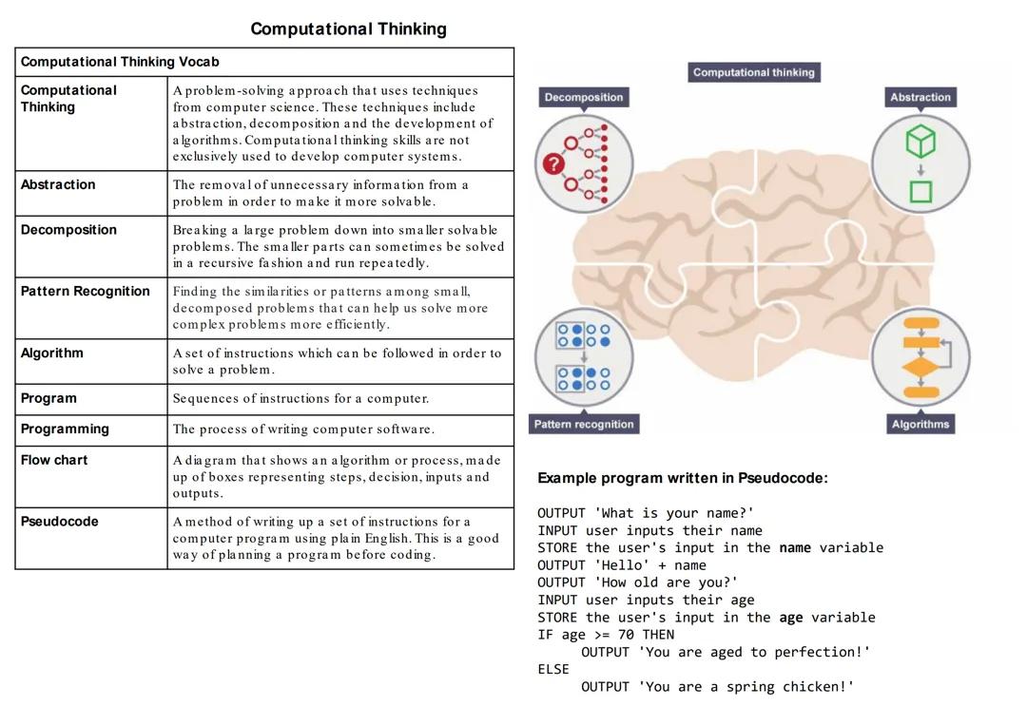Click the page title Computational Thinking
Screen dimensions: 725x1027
click(x=348, y=29)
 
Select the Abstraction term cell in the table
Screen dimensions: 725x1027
click(x=58, y=185)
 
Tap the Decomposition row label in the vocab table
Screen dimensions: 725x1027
click(x=68, y=230)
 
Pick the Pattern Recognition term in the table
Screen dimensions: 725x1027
click(x=85, y=292)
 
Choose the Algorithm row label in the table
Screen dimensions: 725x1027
click(x=51, y=353)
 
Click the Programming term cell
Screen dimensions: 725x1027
click(x=65, y=429)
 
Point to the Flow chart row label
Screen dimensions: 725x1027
click(x=54, y=460)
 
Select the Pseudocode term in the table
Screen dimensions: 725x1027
click(x=60, y=522)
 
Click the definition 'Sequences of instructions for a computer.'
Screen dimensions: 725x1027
click(x=300, y=399)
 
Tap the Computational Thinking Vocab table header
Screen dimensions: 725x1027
click(x=120, y=62)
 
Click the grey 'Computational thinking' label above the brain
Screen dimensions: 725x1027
click(x=753, y=72)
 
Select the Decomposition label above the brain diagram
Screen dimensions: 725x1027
click(x=584, y=97)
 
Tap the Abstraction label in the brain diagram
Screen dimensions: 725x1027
click(x=920, y=97)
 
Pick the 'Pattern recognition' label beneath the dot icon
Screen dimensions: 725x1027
click(x=584, y=424)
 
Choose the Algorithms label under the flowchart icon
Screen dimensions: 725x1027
click(x=920, y=424)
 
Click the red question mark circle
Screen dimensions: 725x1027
click(x=553, y=164)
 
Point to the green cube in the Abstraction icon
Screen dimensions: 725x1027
click(x=920, y=143)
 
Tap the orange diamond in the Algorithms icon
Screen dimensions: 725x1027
click(x=920, y=366)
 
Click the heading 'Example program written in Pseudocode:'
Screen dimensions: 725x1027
click(x=682, y=478)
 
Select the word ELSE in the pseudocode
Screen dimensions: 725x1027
click(x=553, y=669)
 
